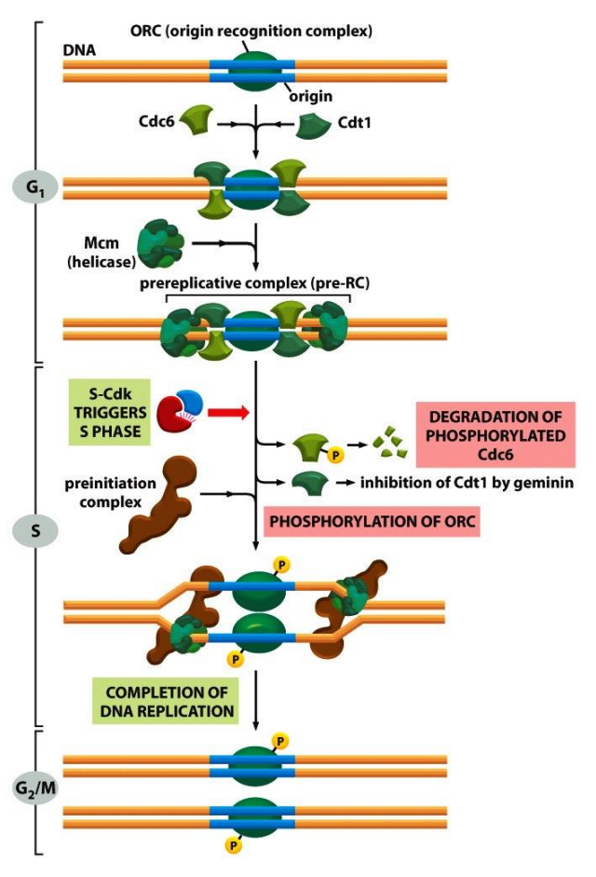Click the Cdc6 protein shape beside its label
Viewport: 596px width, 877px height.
(x=196, y=120)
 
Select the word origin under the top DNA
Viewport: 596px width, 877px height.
(x=310, y=96)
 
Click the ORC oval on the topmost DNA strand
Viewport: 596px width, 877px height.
(x=252, y=71)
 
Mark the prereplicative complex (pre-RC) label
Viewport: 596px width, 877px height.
(x=257, y=284)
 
